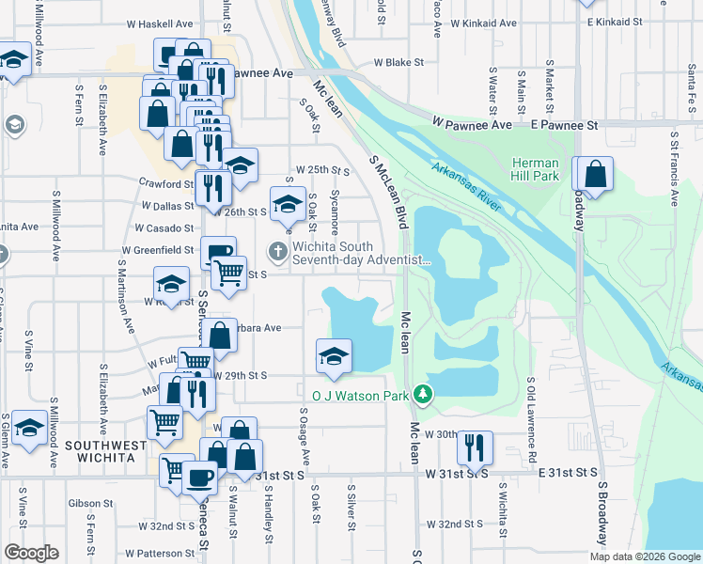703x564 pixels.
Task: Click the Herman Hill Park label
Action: click(535, 169)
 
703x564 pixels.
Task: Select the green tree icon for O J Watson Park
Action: click(422, 395)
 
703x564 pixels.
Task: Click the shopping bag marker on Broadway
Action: click(594, 175)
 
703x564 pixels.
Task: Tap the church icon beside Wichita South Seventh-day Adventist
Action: click(277, 251)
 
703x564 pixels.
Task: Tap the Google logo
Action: click(31, 553)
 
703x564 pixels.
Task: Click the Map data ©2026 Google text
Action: click(645, 556)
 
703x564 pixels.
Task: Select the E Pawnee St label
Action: click(564, 124)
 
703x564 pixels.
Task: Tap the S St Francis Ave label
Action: click(674, 169)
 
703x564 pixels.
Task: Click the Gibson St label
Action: click(90, 503)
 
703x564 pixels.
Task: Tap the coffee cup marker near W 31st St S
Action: click(199, 478)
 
